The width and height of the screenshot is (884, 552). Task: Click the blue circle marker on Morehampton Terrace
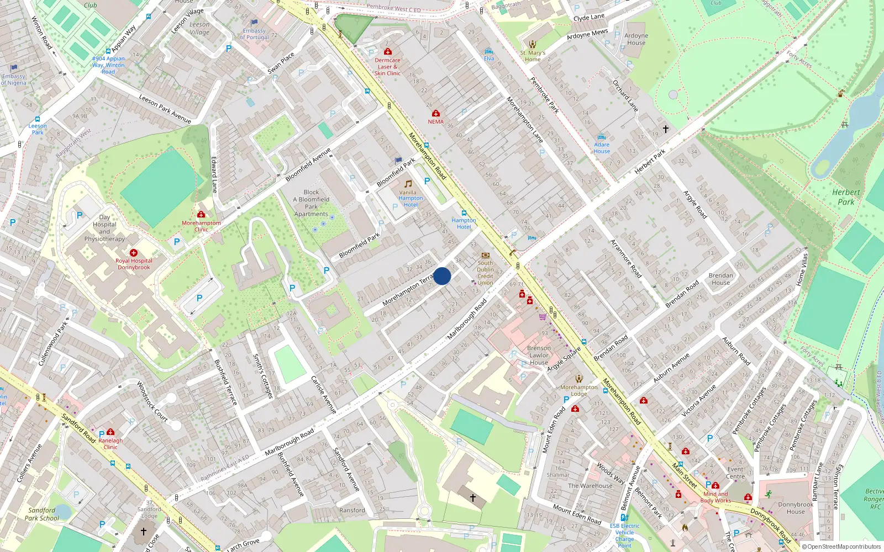[x=442, y=276]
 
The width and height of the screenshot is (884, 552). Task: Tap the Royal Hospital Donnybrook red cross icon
[x=134, y=253]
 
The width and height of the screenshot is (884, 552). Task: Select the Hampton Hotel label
[x=464, y=224]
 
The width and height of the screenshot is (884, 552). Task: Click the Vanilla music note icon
[x=408, y=184]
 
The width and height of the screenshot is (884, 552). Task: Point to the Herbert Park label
[x=846, y=197]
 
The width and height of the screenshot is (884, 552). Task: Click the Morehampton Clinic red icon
[x=201, y=214]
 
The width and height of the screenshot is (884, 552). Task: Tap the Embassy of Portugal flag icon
[x=254, y=23]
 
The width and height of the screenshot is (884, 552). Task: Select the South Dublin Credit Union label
[x=485, y=273]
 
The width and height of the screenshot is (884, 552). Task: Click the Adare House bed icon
[x=602, y=137]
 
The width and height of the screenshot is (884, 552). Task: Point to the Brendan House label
[x=720, y=279]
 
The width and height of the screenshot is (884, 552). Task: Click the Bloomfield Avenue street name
[x=308, y=164]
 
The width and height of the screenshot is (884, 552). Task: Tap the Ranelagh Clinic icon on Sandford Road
[x=110, y=432]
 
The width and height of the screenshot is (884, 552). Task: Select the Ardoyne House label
[x=636, y=39]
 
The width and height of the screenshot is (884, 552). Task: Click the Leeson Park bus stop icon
[x=38, y=119]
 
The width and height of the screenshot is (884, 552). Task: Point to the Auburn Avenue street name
[x=671, y=368]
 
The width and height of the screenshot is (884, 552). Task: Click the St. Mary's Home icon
[x=533, y=44]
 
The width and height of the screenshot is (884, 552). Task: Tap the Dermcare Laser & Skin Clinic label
[x=387, y=67]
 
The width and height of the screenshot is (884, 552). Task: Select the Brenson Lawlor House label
[x=539, y=355]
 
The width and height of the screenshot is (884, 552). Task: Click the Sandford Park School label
[x=41, y=514]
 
